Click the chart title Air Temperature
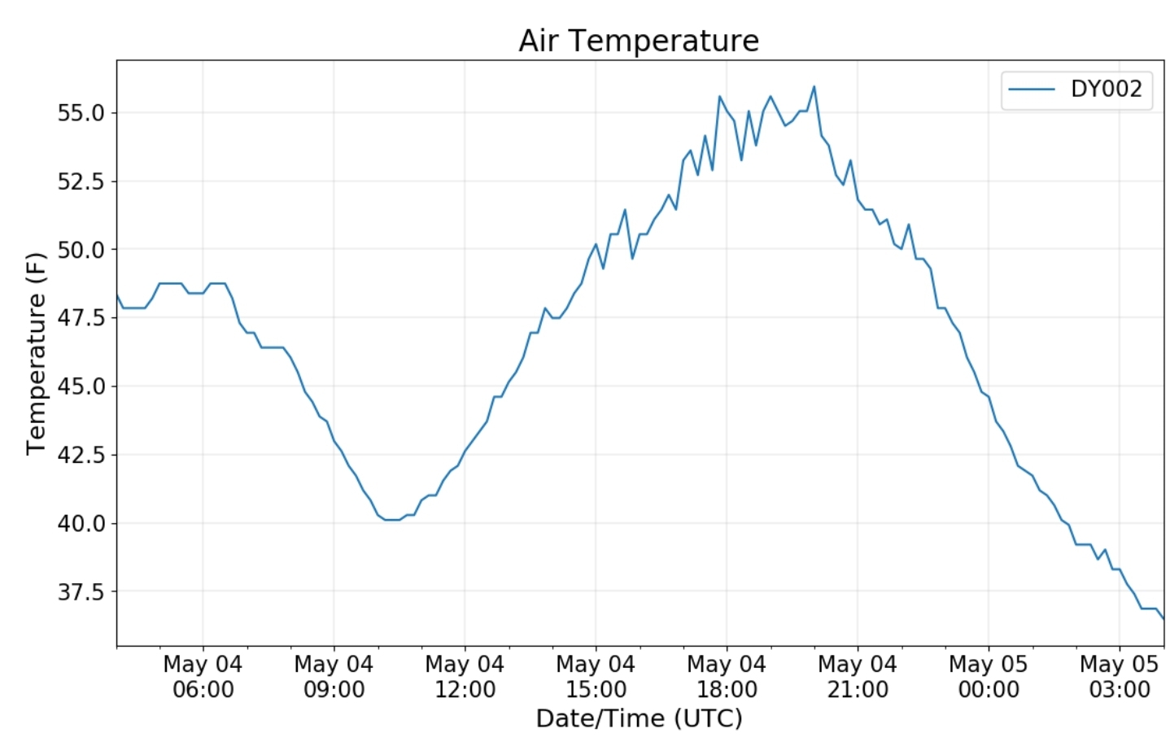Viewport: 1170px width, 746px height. click(639, 41)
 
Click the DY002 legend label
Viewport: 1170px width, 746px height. click(1106, 89)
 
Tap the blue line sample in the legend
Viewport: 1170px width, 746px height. click(1032, 89)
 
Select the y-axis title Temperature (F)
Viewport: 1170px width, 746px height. click(36, 353)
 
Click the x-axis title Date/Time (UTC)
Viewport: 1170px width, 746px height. click(639, 718)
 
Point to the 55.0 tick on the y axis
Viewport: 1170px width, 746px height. click(81, 112)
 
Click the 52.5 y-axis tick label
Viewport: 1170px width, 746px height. click(81, 181)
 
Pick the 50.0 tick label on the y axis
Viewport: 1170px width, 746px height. click(81, 249)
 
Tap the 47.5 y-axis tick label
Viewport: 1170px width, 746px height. click(81, 317)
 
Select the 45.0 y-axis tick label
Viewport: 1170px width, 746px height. click(81, 386)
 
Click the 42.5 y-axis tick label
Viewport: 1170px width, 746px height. click(81, 454)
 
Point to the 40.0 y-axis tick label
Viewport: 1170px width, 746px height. click(81, 523)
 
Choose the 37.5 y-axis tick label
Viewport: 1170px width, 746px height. click(81, 591)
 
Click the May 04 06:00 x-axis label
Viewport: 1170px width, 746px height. click(203, 677)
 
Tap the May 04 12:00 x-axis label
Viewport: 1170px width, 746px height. click(465, 677)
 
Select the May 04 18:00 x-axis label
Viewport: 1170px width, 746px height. click(727, 677)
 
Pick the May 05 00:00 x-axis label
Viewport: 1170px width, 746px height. click(989, 677)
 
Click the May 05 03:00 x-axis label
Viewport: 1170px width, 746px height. click(1120, 677)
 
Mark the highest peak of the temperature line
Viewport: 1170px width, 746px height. click(814, 87)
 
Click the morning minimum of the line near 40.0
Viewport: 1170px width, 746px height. click(391, 520)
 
